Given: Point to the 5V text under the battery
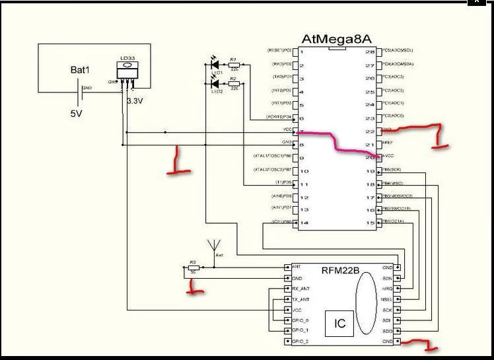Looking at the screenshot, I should (x=77, y=113).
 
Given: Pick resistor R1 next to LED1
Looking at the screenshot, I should (x=233, y=65).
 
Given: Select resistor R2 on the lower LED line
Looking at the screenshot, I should (x=233, y=84).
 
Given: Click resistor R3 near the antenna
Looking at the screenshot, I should (x=194, y=268).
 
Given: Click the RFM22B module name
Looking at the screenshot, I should (x=341, y=270).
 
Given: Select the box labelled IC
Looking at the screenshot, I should (x=339, y=323).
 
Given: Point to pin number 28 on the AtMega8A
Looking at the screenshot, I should (x=370, y=52).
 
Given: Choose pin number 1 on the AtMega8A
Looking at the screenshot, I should (x=302, y=52).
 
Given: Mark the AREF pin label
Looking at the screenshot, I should (x=388, y=143).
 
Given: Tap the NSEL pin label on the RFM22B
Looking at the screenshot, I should (x=386, y=299).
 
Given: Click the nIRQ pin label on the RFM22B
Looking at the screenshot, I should (x=387, y=289).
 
